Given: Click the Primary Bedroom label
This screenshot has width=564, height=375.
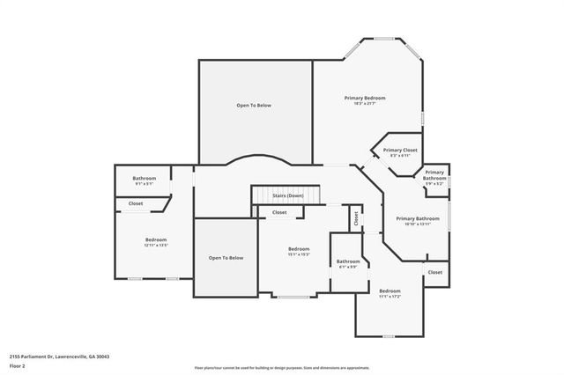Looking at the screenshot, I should point(364,98).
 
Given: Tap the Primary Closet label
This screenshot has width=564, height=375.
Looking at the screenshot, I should point(399,150).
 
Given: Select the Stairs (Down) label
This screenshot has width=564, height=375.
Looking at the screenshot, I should point(287,195).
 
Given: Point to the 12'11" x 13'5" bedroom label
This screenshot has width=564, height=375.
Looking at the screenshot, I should point(156,239).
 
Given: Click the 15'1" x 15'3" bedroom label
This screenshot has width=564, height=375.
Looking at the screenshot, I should point(299,249).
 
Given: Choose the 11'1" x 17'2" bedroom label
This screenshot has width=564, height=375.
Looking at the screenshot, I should point(390,290).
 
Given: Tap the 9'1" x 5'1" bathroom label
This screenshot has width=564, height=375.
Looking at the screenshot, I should point(144,179).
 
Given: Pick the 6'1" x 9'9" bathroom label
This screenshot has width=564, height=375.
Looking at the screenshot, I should point(347,261).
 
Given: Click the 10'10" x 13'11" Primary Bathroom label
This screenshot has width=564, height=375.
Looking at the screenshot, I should point(417,218).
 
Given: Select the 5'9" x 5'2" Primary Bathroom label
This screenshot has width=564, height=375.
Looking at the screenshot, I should point(434,175).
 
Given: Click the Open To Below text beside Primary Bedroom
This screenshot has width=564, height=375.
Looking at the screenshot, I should point(254,106).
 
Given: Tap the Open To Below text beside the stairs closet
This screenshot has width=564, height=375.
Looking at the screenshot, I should point(225,258).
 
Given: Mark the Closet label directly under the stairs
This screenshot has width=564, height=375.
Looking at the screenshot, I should point(279,212).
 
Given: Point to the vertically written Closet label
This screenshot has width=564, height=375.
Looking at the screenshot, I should point(355,218).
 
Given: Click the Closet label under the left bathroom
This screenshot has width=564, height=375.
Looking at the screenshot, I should point(136,203).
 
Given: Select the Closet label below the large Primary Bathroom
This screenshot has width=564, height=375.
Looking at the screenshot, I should point(434,273).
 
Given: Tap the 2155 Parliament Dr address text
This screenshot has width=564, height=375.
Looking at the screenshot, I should point(59,357).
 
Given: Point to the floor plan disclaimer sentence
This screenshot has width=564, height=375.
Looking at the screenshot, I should point(281,367).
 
